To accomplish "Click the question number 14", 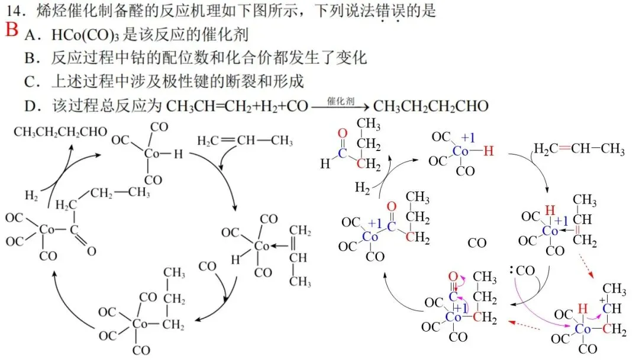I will [x=15, y=11].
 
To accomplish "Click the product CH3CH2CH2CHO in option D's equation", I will [x=431, y=107].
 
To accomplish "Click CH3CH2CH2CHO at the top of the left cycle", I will [x=60, y=131].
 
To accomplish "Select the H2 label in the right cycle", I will [x=364, y=188].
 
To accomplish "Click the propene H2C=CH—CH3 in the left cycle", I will [x=245, y=141].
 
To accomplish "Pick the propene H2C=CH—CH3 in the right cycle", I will [x=579, y=149].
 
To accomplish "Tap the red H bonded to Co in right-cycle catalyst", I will [x=488, y=152].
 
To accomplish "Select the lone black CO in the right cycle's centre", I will [x=477, y=243].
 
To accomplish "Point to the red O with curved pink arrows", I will [x=453, y=277].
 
